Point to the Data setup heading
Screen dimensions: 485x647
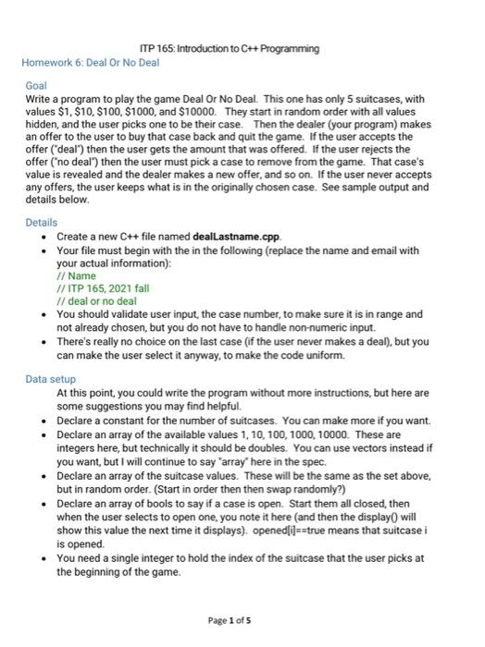click(50, 379)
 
